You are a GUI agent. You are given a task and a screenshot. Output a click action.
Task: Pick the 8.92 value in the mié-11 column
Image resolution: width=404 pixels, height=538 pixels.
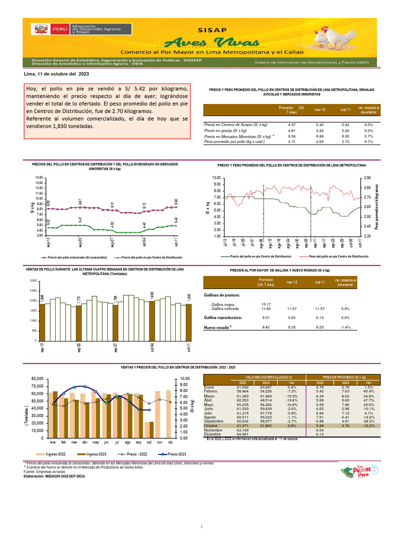coord(342,136)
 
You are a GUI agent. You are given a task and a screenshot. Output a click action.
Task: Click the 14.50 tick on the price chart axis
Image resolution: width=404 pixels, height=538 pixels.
coord(38,178)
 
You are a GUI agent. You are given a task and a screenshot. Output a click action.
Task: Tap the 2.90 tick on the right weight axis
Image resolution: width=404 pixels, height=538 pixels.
coord(368,178)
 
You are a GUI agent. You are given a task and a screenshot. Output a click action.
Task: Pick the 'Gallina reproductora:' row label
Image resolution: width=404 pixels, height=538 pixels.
coord(223,318)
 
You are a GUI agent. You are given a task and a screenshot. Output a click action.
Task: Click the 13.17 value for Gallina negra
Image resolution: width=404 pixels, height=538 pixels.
coord(266,304)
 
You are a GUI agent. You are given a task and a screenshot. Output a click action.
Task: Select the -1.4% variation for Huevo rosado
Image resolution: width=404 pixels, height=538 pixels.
coord(346,327)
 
